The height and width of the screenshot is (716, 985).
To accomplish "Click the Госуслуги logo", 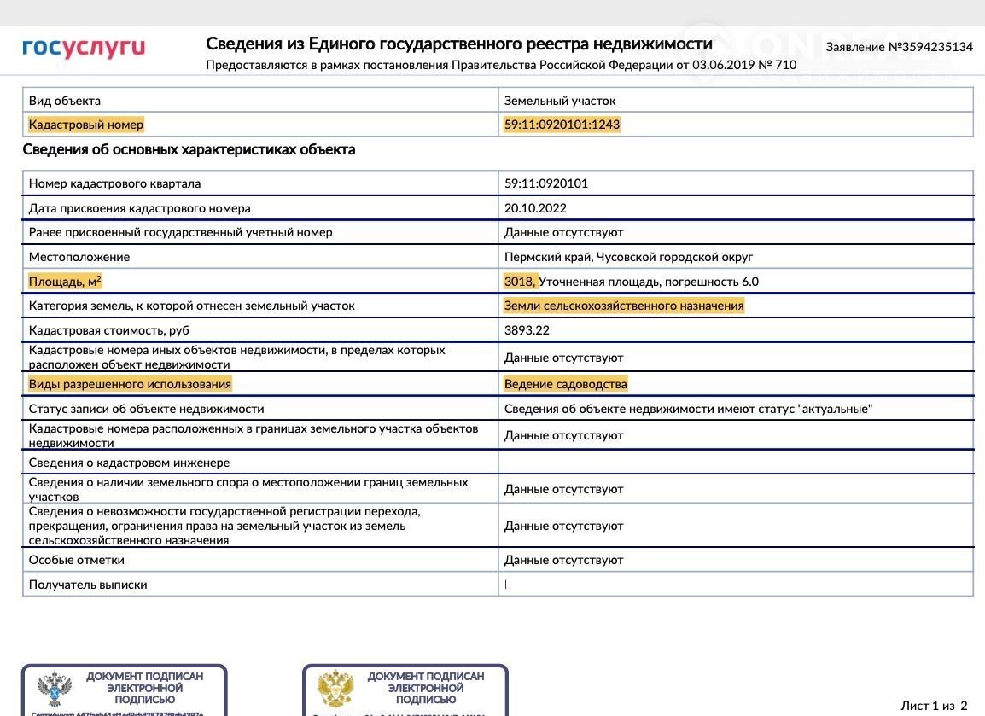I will point(84,48).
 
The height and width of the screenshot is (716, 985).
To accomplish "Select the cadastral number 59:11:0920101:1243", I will point(562,125).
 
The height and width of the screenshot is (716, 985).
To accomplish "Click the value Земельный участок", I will point(560,101).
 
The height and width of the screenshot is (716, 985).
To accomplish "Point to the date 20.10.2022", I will point(535,208).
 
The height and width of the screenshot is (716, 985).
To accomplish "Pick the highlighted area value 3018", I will point(519,282).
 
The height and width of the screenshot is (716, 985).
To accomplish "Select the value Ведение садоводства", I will point(565,384).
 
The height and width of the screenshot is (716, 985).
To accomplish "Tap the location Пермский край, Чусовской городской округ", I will point(628,257).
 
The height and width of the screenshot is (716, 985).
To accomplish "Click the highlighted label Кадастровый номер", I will point(86,125).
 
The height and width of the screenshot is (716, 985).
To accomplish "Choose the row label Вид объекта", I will point(65,101).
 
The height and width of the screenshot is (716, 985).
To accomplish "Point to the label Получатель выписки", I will point(88,585).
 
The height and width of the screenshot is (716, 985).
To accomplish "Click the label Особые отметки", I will point(77,560).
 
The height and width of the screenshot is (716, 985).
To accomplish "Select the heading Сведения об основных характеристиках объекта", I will point(189,150).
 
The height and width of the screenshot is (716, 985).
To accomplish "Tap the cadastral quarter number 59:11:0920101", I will point(546,183).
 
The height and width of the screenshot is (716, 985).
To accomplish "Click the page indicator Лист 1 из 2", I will point(934,706).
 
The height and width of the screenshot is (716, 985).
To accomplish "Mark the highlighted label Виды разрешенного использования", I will point(130,384).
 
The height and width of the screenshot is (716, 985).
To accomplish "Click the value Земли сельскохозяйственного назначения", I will point(624,306).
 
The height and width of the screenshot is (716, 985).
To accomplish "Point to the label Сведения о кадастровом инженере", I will point(129,463).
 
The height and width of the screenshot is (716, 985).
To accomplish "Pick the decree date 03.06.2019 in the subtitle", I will point(724,65).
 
